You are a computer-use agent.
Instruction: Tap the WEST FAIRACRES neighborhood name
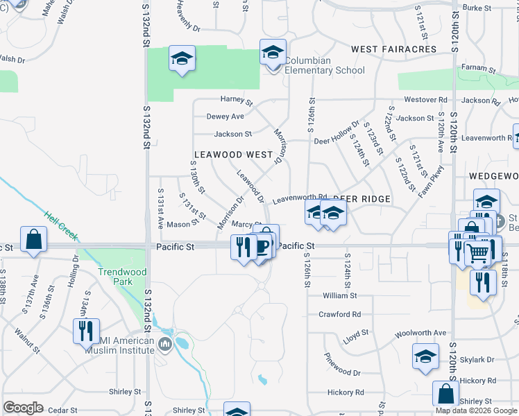coord(393,49)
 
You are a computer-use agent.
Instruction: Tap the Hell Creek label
coord(60,225)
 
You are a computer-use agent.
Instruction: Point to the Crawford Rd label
coord(340,314)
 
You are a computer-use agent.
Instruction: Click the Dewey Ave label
coord(225,116)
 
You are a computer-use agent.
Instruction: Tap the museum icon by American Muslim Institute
coord(165,344)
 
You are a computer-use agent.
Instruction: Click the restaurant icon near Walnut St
coord(86,330)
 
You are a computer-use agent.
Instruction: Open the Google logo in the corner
coord(24,408)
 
